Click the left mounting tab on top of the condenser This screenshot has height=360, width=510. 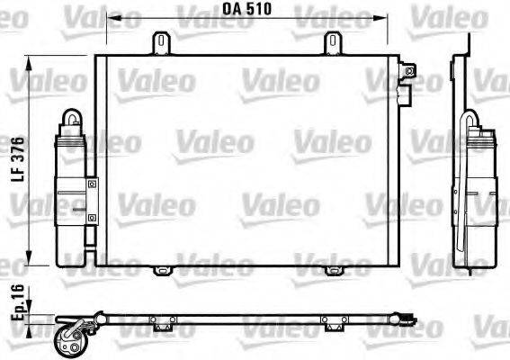(162, 42)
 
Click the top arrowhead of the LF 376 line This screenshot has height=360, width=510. (32, 59)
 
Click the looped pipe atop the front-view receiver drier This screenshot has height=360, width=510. (70, 121)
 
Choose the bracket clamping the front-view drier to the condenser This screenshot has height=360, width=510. (91, 199)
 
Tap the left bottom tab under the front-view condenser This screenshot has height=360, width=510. (162, 270)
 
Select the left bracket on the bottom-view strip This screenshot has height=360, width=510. (162, 324)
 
